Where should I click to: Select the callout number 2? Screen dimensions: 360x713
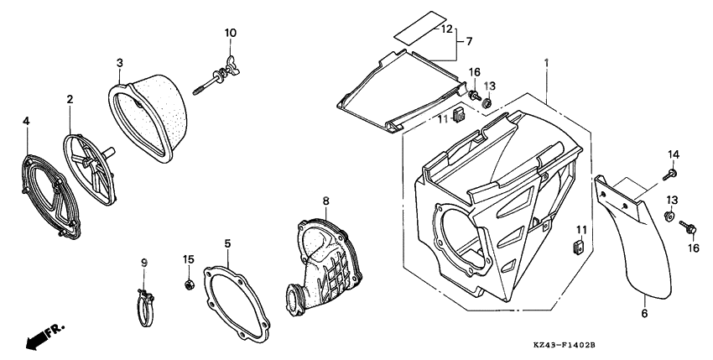point(70,100)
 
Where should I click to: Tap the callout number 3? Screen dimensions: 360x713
point(120,62)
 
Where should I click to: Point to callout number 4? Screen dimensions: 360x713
point(26,121)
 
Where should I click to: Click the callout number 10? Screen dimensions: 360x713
point(231,33)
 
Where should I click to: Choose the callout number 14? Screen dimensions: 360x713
point(672,154)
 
